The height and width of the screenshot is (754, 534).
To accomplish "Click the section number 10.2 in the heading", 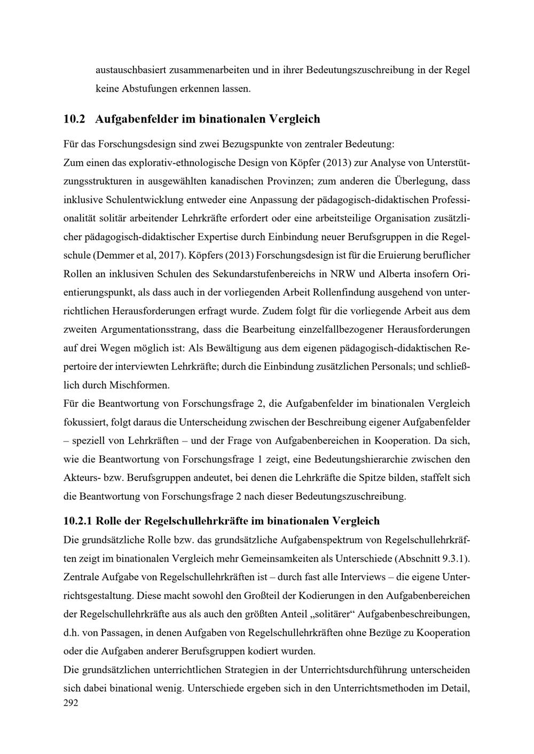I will [x=74, y=119].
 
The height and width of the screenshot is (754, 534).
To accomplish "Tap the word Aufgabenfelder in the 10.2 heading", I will [x=137, y=119].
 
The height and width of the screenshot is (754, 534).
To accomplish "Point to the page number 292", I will [x=70, y=703].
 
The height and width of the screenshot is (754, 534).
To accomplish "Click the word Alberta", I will [x=397, y=274].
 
